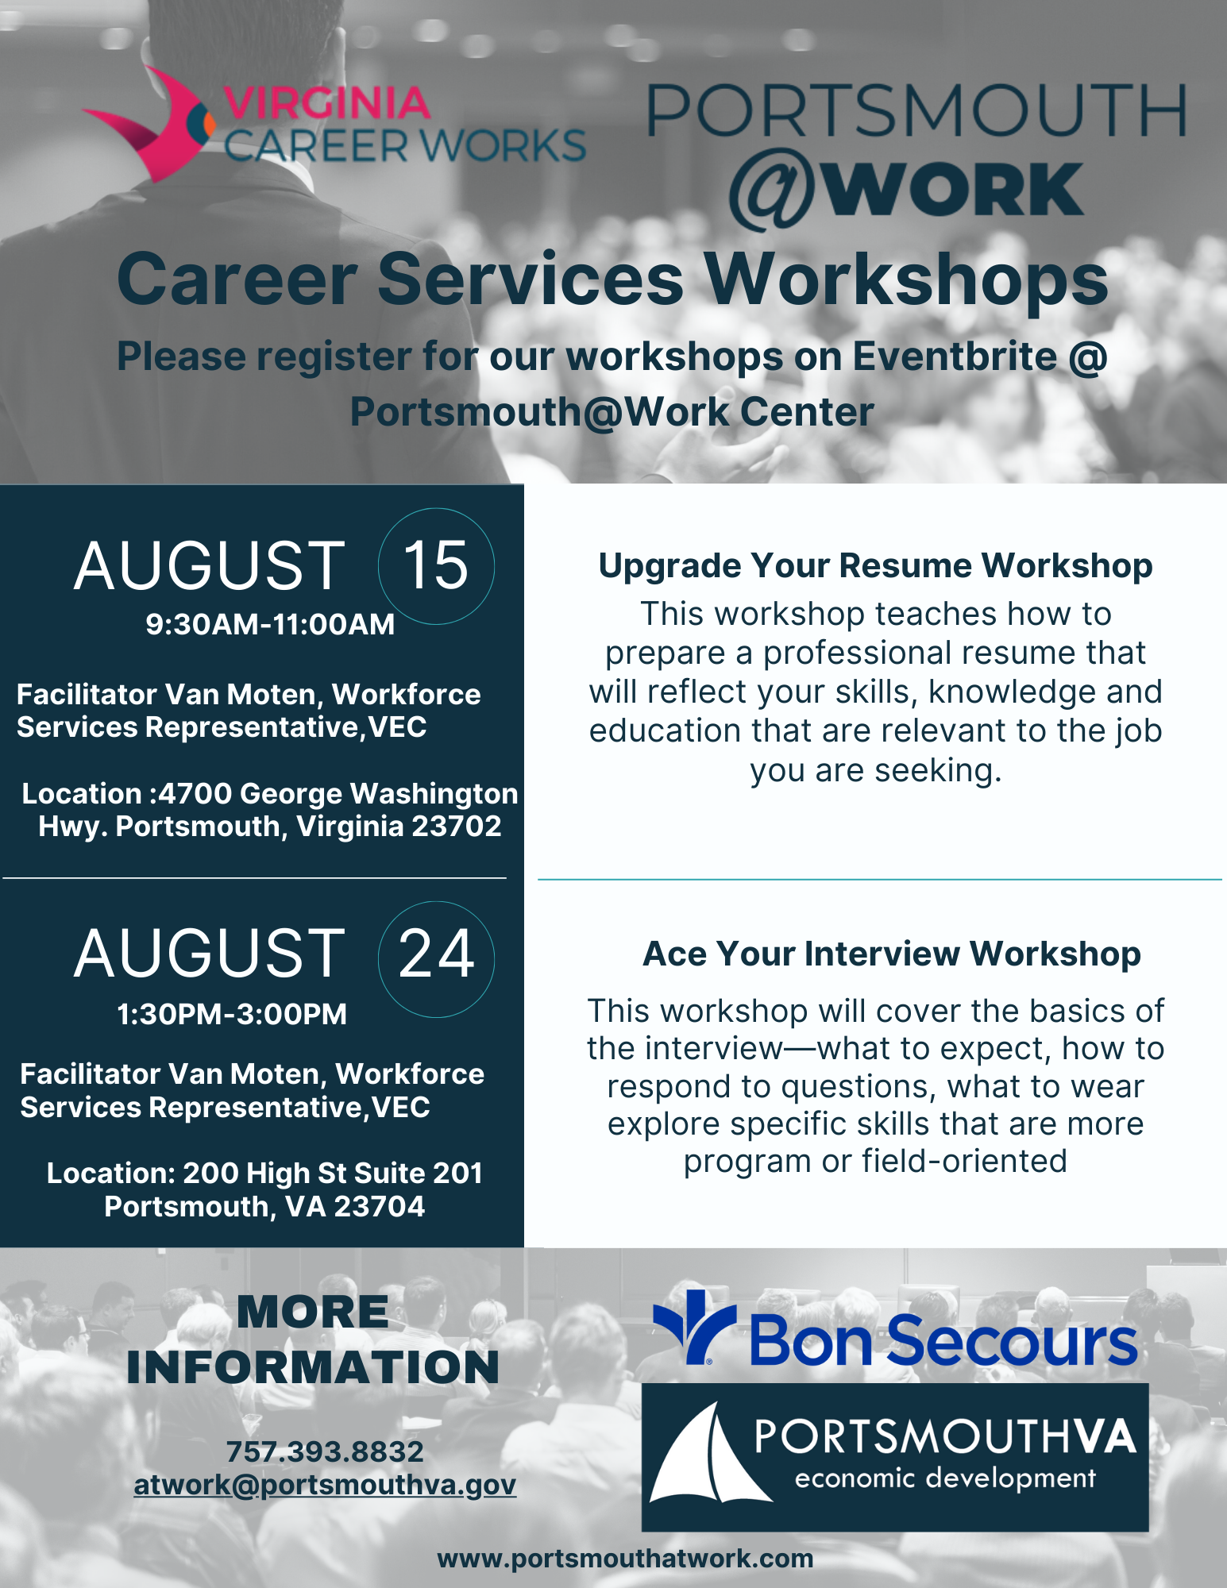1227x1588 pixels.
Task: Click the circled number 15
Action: (x=436, y=565)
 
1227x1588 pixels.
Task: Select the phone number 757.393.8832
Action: (x=325, y=1451)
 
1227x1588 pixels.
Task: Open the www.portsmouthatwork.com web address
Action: (x=625, y=1559)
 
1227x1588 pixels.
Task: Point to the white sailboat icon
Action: (x=708, y=1457)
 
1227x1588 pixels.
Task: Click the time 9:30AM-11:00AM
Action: (x=270, y=624)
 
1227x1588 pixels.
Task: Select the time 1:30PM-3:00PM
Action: (x=232, y=1014)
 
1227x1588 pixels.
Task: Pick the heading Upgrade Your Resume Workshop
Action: (x=875, y=565)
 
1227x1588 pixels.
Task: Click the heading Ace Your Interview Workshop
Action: (x=891, y=954)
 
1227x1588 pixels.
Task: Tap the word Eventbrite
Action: (x=954, y=356)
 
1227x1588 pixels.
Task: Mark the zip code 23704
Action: (x=379, y=1207)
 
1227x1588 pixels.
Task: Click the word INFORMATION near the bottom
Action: (x=313, y=1367)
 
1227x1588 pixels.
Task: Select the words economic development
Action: (x=945, y=1478)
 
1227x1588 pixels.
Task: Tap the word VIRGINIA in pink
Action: (x=326, y=103)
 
